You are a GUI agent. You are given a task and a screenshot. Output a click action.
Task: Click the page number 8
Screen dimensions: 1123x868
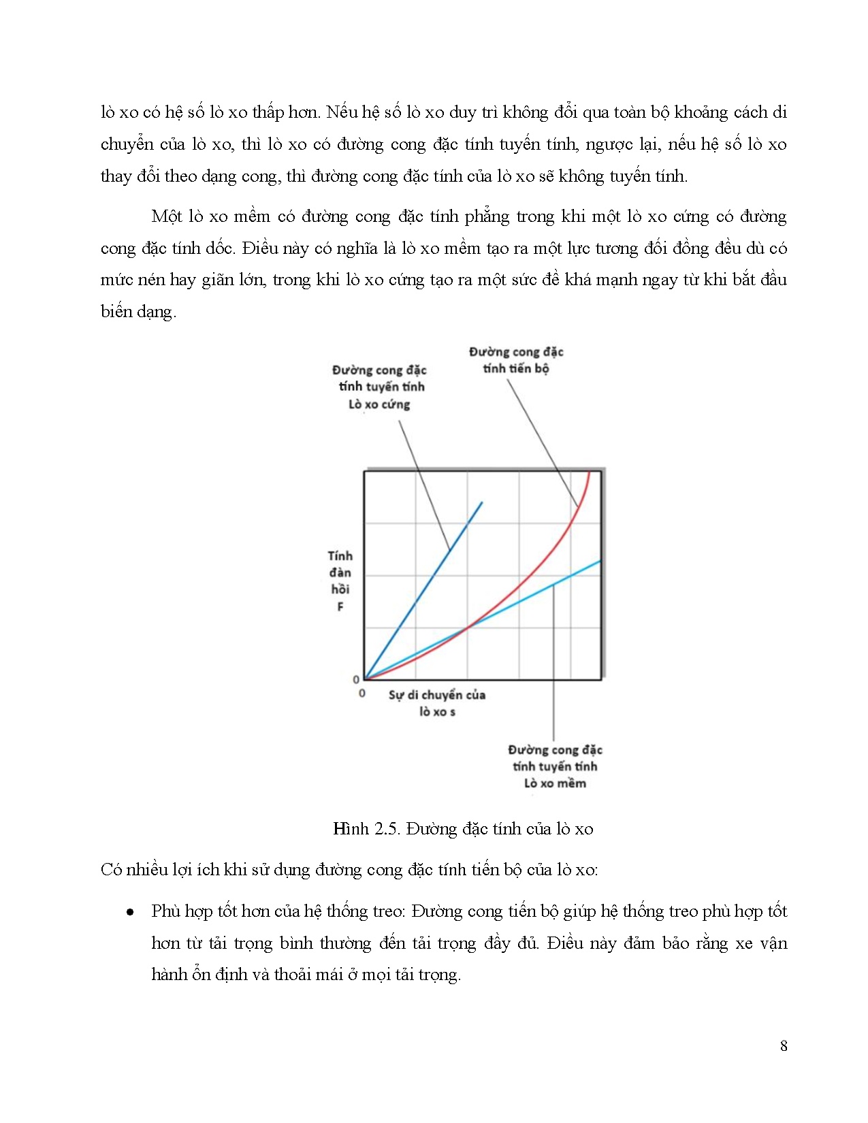tap(784, 1046)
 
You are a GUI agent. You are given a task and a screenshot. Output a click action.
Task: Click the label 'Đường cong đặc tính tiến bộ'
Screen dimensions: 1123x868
tap(516, 360)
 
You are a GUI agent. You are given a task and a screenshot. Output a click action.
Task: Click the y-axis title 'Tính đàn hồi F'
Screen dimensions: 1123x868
tap(340, 581)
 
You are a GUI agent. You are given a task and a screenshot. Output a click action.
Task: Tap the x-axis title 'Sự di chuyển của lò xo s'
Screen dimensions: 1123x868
tap(437, 703)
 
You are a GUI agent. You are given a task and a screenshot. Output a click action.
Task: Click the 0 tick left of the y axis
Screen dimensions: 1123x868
tap(356, 679)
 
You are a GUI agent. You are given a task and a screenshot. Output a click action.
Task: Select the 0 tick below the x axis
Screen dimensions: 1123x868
tap(361, 694)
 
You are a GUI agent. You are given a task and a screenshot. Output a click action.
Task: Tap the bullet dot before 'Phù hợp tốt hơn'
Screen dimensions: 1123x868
tap(130, 912)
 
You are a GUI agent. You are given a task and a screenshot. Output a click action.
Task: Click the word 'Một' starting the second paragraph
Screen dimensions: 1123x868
tap(167, 216)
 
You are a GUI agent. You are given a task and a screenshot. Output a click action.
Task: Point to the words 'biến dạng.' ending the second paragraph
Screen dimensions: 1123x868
tap(138, 312)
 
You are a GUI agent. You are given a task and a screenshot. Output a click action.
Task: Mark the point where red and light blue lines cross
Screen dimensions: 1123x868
tap(467, 627)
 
